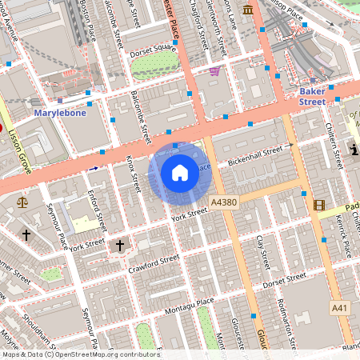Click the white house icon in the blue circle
pos(180,171)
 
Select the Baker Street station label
pos(312,97)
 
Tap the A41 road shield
pos(341,307)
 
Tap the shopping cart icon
pos(214,71)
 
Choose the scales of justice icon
pos(21,202)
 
